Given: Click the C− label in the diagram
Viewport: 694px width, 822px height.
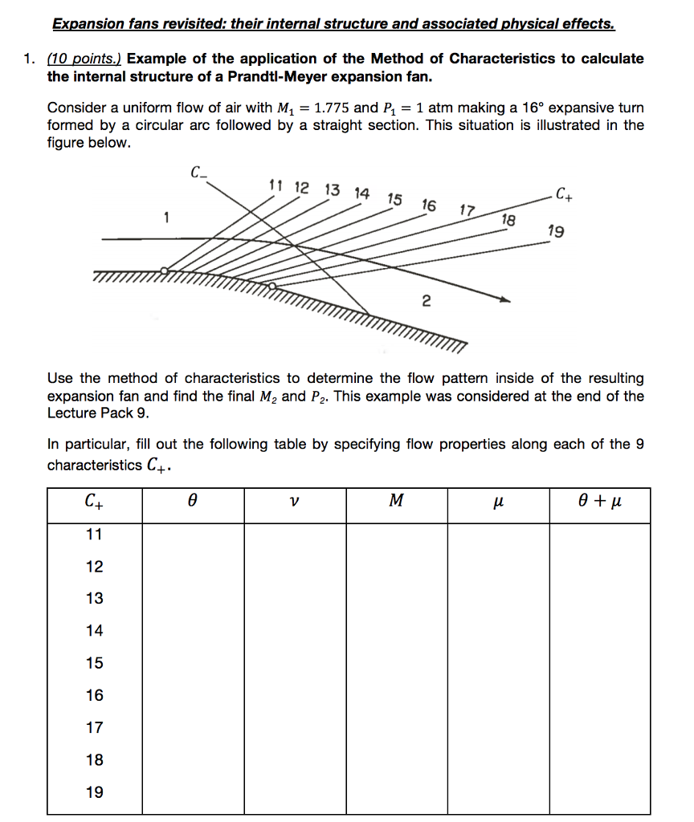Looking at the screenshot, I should point(198,171).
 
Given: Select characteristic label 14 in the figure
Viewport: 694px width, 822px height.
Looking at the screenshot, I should point(362,193).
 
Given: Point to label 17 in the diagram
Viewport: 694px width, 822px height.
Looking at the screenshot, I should point(467,211).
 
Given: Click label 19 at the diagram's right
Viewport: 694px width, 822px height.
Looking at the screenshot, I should point(555,232).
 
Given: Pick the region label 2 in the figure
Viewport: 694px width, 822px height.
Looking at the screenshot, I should point(426,302).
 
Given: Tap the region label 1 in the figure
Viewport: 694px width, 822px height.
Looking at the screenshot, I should point(165,216).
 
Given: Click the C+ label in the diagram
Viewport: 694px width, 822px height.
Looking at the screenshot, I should point(565,193).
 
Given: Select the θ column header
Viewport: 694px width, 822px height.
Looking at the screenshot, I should point(193,503).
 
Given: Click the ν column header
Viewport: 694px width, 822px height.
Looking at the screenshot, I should point(295,503).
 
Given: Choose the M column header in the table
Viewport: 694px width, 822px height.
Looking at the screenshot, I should point(396,503).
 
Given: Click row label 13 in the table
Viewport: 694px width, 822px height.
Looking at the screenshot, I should point(95,599).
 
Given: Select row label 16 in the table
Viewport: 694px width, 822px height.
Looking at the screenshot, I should point(95,695).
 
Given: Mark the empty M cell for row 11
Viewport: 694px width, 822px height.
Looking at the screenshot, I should point(396,535).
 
